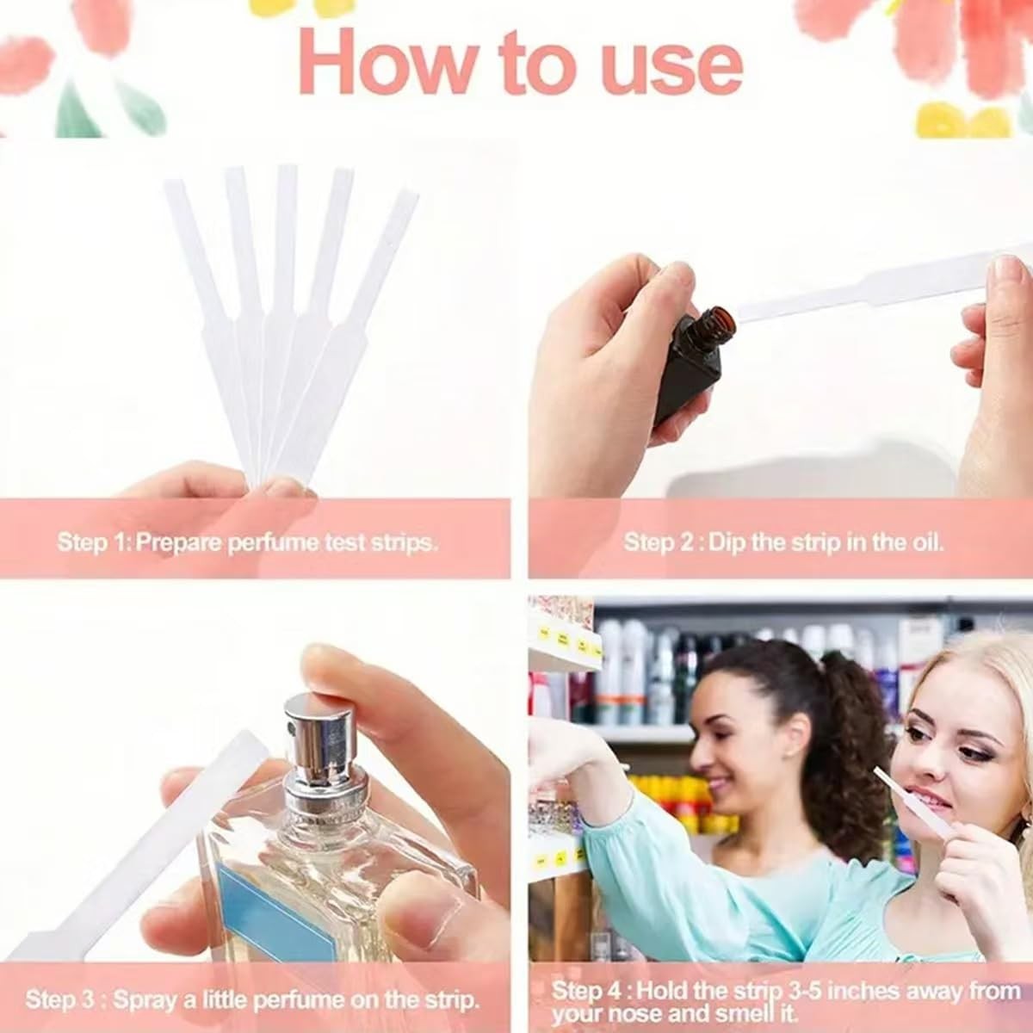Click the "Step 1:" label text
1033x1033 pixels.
tap(94, 542)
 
